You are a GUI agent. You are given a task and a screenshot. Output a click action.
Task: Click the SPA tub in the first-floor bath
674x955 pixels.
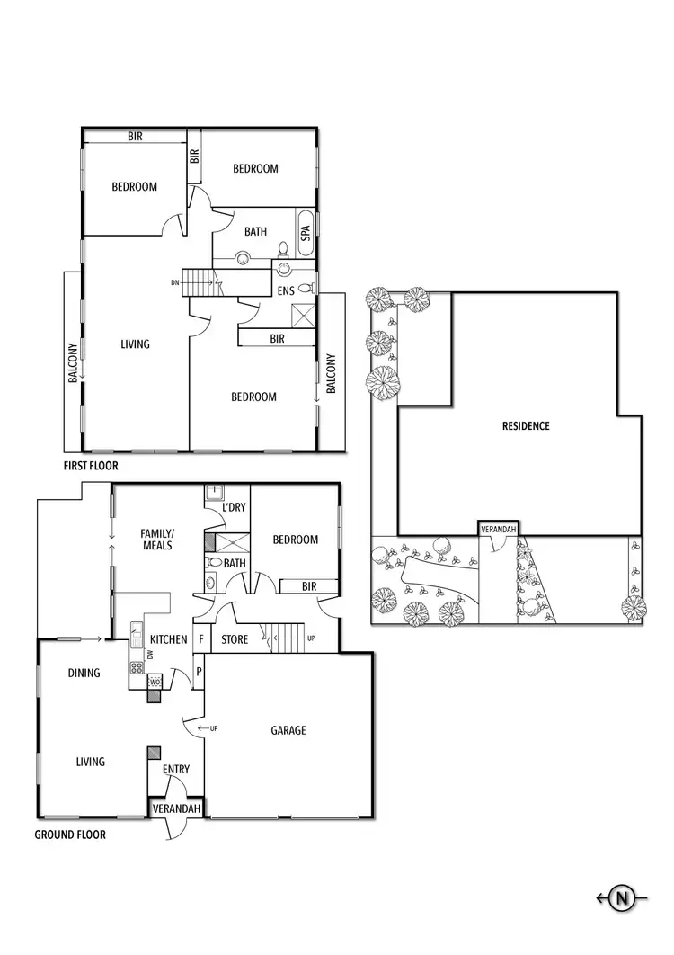coord(306,233)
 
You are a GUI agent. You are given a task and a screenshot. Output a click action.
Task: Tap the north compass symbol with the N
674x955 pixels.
coord(621,897)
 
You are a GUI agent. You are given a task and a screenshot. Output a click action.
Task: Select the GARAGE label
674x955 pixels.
coord(288,730)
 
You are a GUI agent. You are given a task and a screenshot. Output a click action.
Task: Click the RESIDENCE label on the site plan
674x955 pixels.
coord(526,426)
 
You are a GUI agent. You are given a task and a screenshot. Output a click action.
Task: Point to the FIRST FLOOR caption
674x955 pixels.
coord(91,467)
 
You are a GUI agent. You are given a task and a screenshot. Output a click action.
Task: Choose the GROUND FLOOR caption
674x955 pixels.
coord(70,835)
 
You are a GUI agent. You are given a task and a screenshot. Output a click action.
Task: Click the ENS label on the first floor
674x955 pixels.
coord(285,291)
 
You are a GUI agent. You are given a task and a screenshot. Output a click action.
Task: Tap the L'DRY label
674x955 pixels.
coord(234,508)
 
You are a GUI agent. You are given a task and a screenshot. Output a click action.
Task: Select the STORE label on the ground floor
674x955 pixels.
coord(235,640)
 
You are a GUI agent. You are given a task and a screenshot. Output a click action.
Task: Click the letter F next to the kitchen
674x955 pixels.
coord(200,640)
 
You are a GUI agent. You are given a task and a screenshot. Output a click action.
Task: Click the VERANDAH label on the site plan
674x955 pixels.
coord(499,530)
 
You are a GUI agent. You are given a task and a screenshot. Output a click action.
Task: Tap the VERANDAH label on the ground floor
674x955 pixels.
coord(176,809)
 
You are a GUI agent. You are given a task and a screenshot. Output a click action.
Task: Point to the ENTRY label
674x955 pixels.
coord(176,770)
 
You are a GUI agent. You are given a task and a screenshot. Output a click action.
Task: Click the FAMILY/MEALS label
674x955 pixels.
coord(157,539)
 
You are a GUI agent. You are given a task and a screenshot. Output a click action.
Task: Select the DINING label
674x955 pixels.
coord(84,674)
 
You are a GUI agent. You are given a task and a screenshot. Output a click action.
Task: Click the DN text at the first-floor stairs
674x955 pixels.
coord(174,282)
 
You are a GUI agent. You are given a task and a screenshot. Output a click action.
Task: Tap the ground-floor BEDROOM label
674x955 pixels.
coord(296,540)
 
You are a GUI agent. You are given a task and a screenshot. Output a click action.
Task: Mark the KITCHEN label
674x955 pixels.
coord(168,640)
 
